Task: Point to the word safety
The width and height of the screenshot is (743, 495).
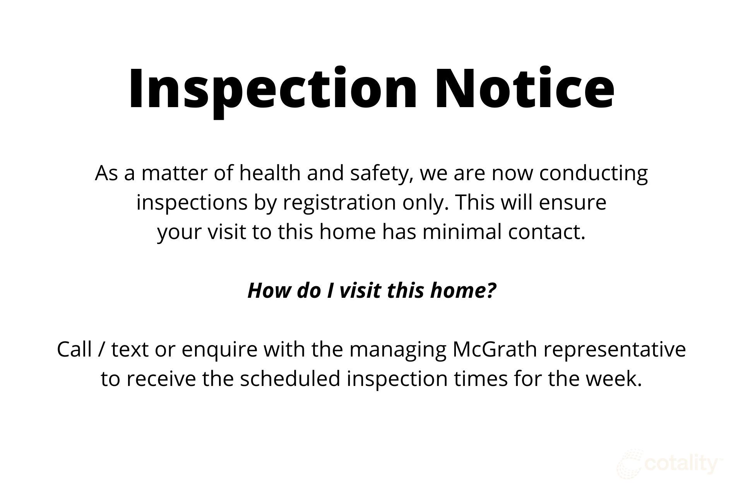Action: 381,174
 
